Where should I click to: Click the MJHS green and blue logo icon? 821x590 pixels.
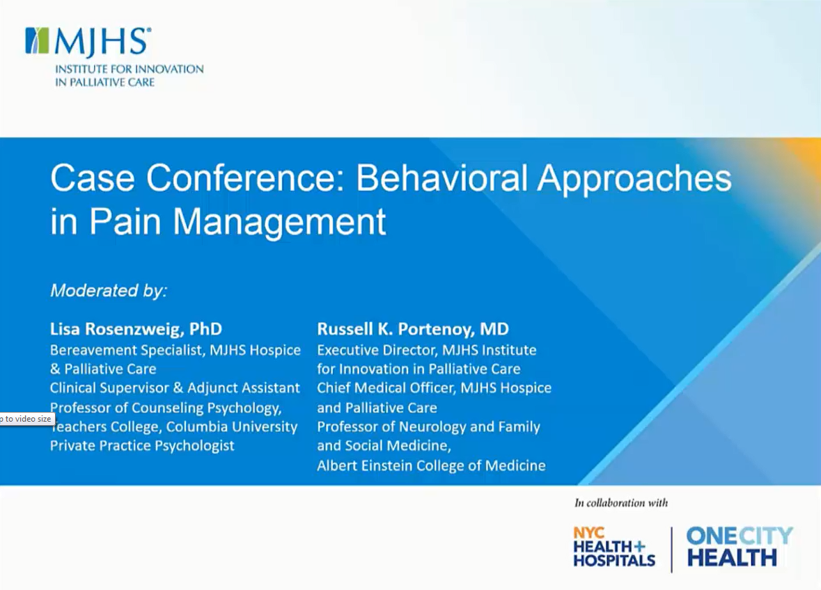coord(38,41)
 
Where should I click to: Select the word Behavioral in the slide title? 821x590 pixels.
coord(441,178)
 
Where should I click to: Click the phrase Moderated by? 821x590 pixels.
coord(109,290)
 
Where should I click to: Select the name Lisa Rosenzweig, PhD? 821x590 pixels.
coord(136,329)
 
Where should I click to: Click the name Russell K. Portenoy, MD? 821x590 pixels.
coord(413,329)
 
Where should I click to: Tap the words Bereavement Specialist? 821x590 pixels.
coord(127,350)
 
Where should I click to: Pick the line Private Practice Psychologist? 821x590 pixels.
coord(142,446)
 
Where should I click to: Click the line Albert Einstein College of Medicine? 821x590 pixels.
coord(431,465)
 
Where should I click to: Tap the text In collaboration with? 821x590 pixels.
coord(621,503)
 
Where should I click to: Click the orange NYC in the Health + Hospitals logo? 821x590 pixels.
coord(589,533)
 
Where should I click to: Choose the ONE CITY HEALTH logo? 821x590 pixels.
coord(740,547)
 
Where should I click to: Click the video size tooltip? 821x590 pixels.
coord(27,419)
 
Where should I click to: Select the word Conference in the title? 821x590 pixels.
coord(244,178)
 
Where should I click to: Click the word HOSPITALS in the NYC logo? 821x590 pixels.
coord(614,560)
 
